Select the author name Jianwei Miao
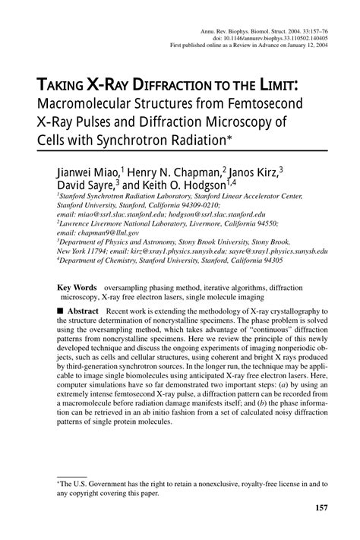coord(85,172)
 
